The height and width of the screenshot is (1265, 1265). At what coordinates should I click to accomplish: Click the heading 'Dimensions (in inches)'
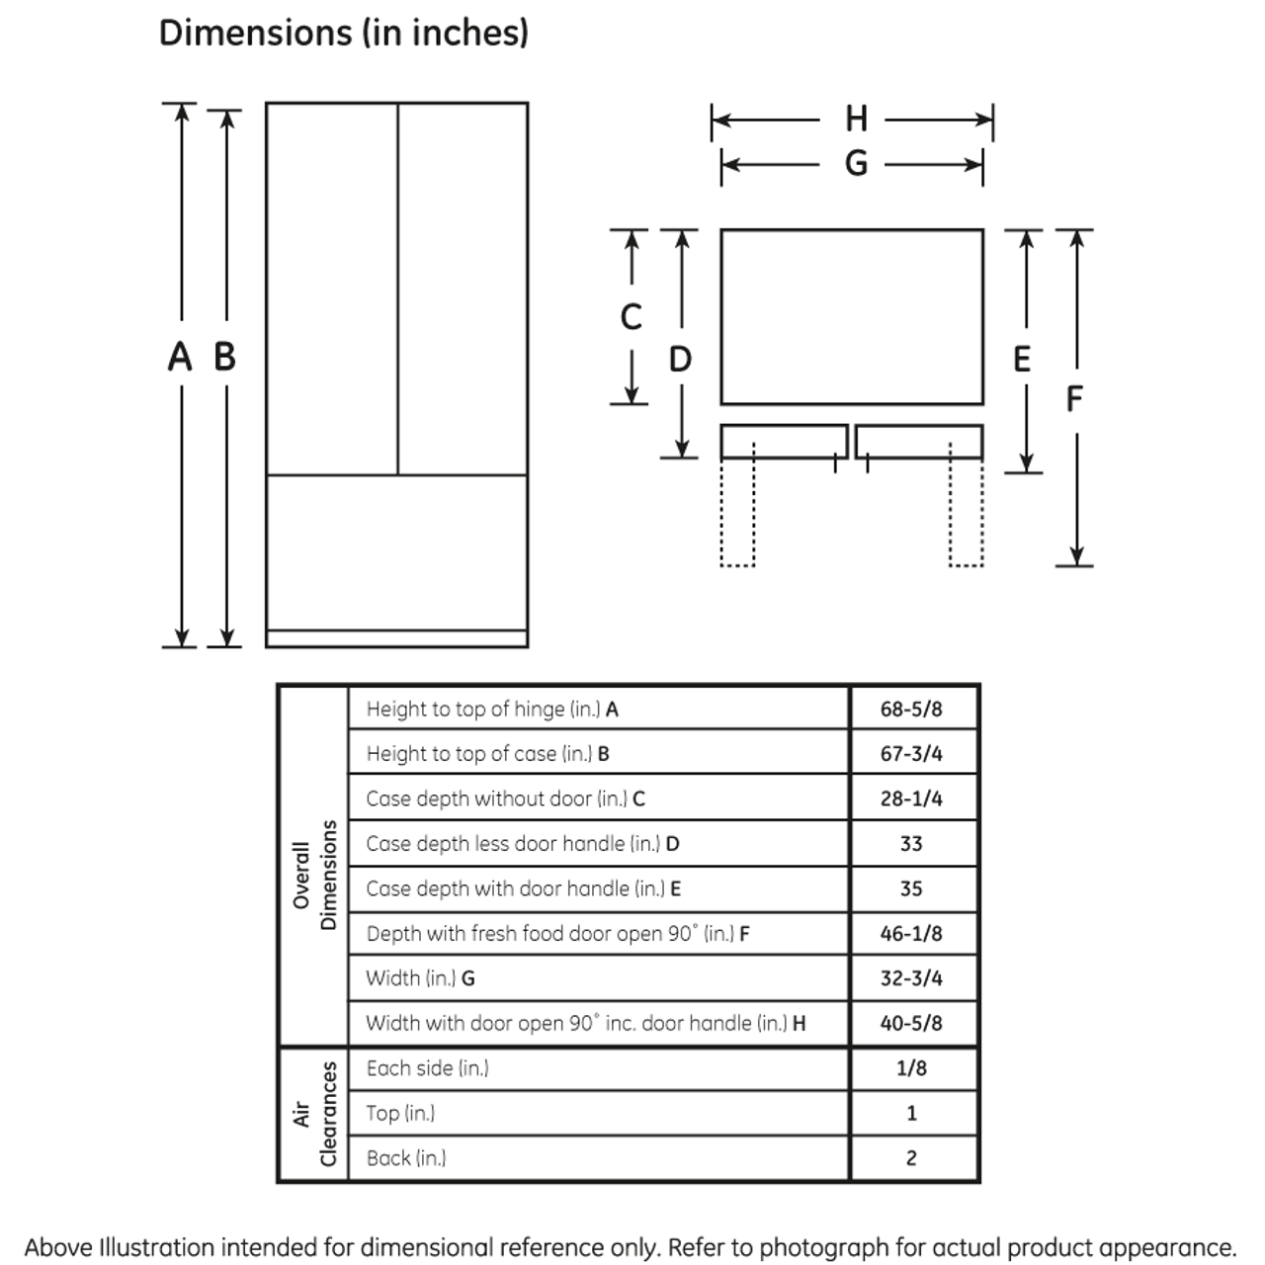point(343,33)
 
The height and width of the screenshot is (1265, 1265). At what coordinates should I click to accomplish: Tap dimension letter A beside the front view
point(179,357)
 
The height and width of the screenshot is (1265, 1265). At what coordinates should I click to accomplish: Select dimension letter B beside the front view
point(225,357)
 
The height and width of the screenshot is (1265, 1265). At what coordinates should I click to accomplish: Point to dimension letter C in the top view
point(631,317)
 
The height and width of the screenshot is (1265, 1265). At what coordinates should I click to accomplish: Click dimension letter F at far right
point(1074,398)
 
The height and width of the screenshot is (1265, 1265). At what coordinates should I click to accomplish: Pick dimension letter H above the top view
point(856,120)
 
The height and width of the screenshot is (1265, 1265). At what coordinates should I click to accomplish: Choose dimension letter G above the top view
point(856,163)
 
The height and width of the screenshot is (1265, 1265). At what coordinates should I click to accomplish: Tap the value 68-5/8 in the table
point(911,709)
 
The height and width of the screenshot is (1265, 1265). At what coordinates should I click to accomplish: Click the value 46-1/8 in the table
point(911,933)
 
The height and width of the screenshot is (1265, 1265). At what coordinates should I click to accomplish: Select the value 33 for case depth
point(911,844)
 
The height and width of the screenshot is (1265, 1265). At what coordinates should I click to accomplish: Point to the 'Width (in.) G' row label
point(420,978)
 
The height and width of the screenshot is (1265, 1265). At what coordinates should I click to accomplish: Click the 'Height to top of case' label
point(487,754)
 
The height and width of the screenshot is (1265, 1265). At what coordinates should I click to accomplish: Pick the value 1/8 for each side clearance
point(911,1068)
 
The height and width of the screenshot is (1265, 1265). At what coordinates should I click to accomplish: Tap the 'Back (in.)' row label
point(405,1158)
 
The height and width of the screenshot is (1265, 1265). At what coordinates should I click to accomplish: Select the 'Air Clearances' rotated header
point(315,1114)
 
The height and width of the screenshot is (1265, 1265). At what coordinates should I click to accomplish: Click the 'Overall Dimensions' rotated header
point(315,875)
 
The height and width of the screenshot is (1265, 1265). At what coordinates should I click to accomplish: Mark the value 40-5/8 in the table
point(911,1023)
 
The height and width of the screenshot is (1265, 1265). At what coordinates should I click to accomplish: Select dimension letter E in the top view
point(1022,359)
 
